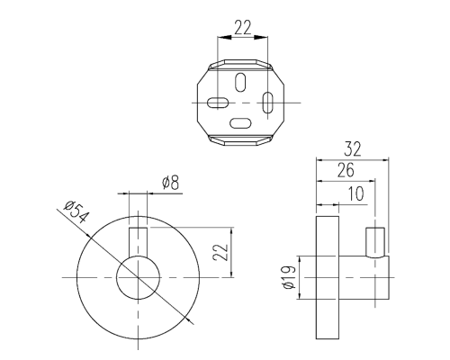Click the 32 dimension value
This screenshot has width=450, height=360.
353,148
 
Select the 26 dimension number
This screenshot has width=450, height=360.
346,170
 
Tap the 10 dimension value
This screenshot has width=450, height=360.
356,193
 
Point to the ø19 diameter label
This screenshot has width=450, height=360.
289,277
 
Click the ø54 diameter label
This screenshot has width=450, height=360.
76,213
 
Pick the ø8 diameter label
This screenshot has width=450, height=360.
171,183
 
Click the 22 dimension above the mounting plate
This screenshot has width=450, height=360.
242,27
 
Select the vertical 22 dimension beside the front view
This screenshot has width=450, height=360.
220,252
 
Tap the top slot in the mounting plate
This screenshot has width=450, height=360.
240,82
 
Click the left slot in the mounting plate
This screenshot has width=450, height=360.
218,103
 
